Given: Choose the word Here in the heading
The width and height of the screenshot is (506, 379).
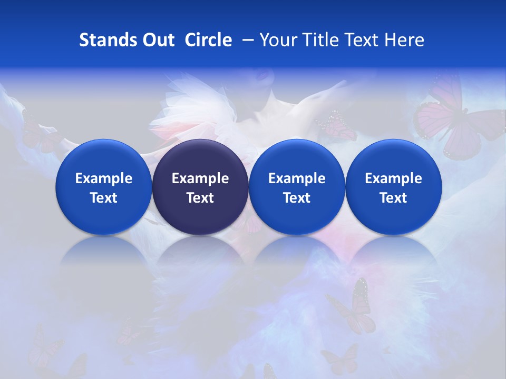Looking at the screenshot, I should click(404, 40).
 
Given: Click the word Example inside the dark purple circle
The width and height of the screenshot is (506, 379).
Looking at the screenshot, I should click(200, 178).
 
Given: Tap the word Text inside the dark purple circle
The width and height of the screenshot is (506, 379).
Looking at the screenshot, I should click(200, 198).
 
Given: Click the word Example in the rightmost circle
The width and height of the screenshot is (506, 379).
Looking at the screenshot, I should click(394, 178).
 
